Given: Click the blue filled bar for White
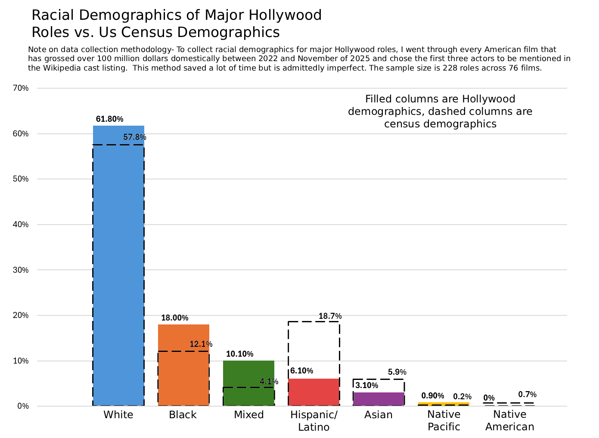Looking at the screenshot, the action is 118,265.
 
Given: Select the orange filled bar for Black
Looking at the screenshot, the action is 183,365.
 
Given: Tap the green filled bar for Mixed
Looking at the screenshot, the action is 248,383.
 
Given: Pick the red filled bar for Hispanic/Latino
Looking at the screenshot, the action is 313,392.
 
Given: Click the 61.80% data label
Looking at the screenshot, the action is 110,119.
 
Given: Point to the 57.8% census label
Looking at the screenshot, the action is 135,137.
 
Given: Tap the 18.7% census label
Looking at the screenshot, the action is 330,316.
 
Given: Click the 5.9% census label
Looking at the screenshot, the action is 397,372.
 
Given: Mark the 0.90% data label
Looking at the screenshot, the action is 433,395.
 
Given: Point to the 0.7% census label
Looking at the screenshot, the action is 528,394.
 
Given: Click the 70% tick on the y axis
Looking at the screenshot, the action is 21,88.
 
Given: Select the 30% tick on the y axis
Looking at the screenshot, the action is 21,270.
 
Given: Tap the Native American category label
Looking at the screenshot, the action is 510,420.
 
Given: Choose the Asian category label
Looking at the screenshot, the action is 379,415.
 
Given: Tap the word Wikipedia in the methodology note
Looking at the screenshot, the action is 60,68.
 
